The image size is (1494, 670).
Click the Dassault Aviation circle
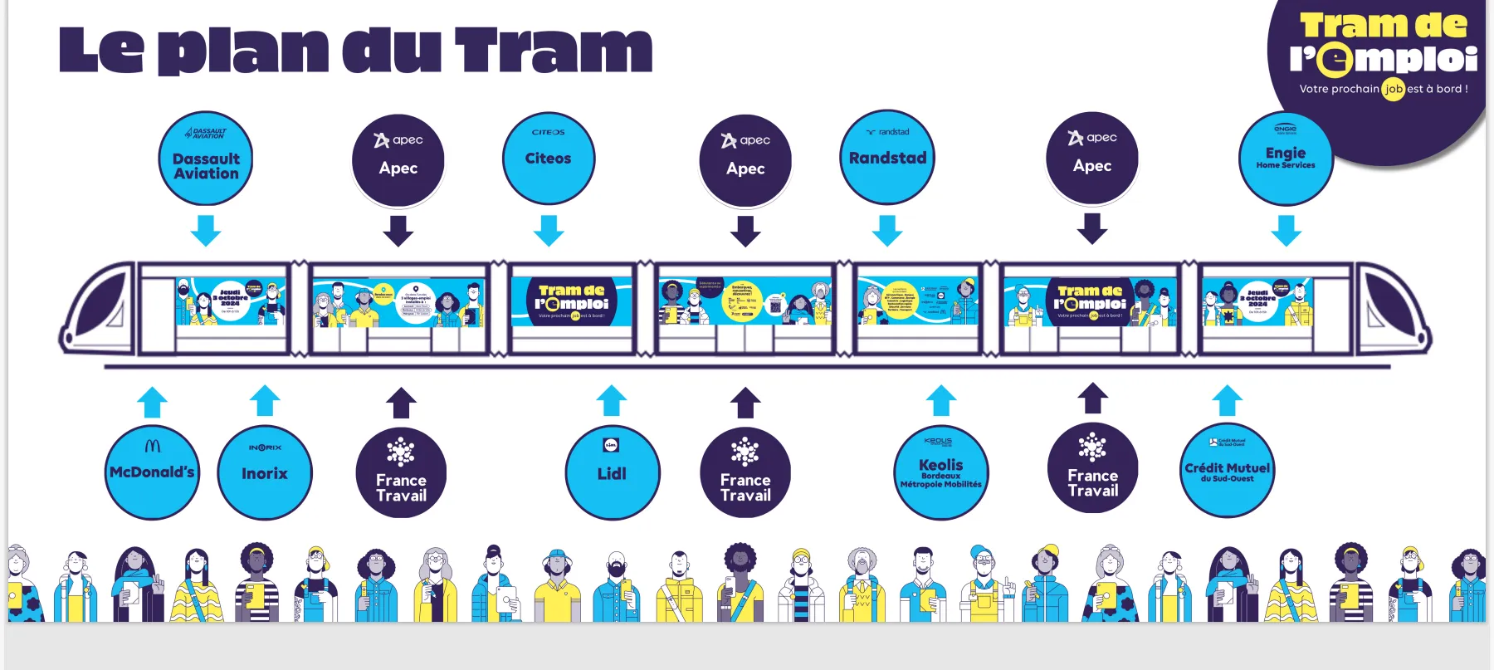click(206, 159)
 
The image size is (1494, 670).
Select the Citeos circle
click(549, 159)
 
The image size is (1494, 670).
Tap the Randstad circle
click(887, 158)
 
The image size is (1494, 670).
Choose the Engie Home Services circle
click(1286, 158)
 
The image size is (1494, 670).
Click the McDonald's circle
click(152, 472)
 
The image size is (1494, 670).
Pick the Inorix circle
click(265, 472)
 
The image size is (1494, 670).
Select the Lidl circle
click(612, 472)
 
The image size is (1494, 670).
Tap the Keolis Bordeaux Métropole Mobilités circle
click(941, 472)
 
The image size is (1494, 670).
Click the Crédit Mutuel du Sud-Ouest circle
click(1227, 471)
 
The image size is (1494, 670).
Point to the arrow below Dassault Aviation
click(206, 230)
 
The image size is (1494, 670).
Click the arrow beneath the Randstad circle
click(887, 230)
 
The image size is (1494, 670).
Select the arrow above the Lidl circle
click(612, 400)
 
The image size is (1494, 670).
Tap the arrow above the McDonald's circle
click(152, 402)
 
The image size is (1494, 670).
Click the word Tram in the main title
click(554, 50)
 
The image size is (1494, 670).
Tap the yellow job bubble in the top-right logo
click(1393, 89)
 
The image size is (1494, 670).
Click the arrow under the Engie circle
click(1286, 230)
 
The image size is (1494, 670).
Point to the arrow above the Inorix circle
click(265, 400)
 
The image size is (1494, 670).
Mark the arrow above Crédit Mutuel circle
click(1227, 400)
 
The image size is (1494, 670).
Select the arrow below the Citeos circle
click(549, 230)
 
